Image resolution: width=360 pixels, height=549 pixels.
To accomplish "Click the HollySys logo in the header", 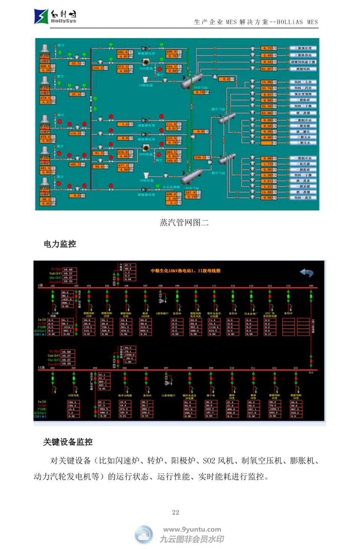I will click(x=55, y=16).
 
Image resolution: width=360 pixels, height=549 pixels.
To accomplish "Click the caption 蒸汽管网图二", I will click(x=184, y=223).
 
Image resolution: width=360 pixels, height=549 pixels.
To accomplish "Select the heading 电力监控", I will click(x=60, y=244).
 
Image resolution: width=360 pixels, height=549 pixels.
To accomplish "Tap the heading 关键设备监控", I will click(x=68, y=442).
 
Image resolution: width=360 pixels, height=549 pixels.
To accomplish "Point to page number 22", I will click(x=175, y=512).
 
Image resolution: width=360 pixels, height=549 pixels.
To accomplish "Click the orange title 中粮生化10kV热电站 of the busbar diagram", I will click(x=186, y=271).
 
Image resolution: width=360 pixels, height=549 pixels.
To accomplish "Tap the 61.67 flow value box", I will click(x=267, y=69).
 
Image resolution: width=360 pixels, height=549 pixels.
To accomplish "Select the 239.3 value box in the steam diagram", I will click(x=199, y=157).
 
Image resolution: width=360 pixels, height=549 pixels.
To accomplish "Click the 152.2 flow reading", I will click(x=98, y=68).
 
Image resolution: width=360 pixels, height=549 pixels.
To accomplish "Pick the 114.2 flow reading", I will click(x=74, y=133).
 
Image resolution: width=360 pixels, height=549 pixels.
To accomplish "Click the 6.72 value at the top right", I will click(x=267, y=48).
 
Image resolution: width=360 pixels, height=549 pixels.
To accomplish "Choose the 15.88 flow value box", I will click(x=267, y=192).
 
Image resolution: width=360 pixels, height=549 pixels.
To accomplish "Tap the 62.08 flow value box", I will click(x=267, y=113).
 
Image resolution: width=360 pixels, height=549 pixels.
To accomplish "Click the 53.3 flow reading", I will click(x=76, y=63).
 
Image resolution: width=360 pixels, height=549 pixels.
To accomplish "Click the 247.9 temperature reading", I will click(x=190, y=193).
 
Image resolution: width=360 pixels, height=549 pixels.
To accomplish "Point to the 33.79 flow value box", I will click(x=267, y=88).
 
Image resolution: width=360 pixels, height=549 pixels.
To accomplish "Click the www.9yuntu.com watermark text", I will click(x=192, y=530).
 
